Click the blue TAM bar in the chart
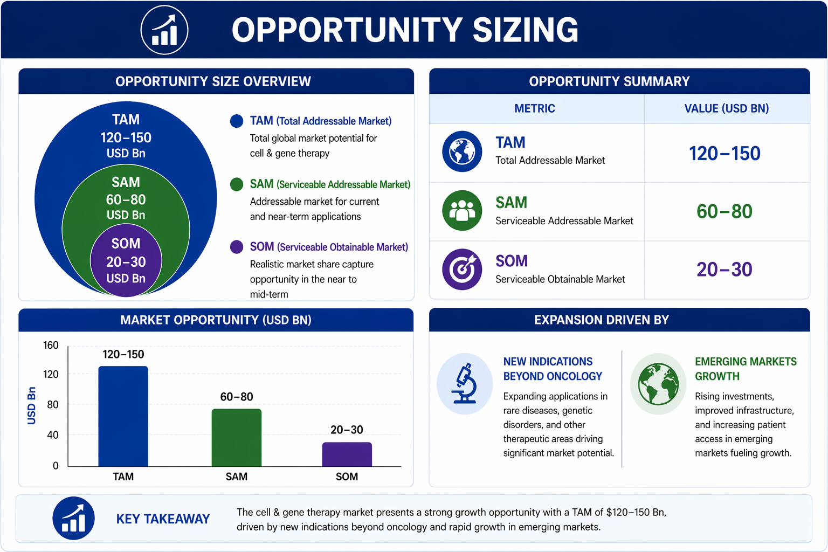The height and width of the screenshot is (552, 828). [x=123, y=416]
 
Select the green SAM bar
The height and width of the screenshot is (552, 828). [x=237, y=438]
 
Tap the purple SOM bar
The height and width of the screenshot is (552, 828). [x=347, y=454]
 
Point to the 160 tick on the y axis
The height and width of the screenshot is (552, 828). [x=51, y=346]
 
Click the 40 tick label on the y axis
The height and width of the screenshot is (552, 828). [x=52, y=435]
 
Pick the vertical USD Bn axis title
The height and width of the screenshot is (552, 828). [x=32, y=405]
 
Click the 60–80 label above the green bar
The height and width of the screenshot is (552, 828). [x=237, y=397]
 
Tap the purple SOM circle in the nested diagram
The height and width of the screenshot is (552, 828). [x=126, y=260]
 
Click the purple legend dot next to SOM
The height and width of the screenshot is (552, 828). [x=237, y=247]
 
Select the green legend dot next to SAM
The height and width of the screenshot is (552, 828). [x=237, y=184]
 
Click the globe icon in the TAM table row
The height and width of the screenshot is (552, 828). [x=462, y=151]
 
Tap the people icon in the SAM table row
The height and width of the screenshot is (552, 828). [x=462, y=210]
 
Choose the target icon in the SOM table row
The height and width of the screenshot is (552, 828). [x=462, y=269]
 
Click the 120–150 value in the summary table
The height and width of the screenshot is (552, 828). [x=724, y=154]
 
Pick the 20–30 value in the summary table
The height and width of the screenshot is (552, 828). [x=724, y=269]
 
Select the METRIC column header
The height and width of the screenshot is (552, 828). [x=535, y=108]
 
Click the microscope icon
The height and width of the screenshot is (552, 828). [x=465, y=383]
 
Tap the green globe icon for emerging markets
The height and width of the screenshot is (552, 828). [x=658, y=384]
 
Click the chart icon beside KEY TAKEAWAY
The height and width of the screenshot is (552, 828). [x=73, y=518]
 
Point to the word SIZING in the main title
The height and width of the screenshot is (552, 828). [x=525, y=30]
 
